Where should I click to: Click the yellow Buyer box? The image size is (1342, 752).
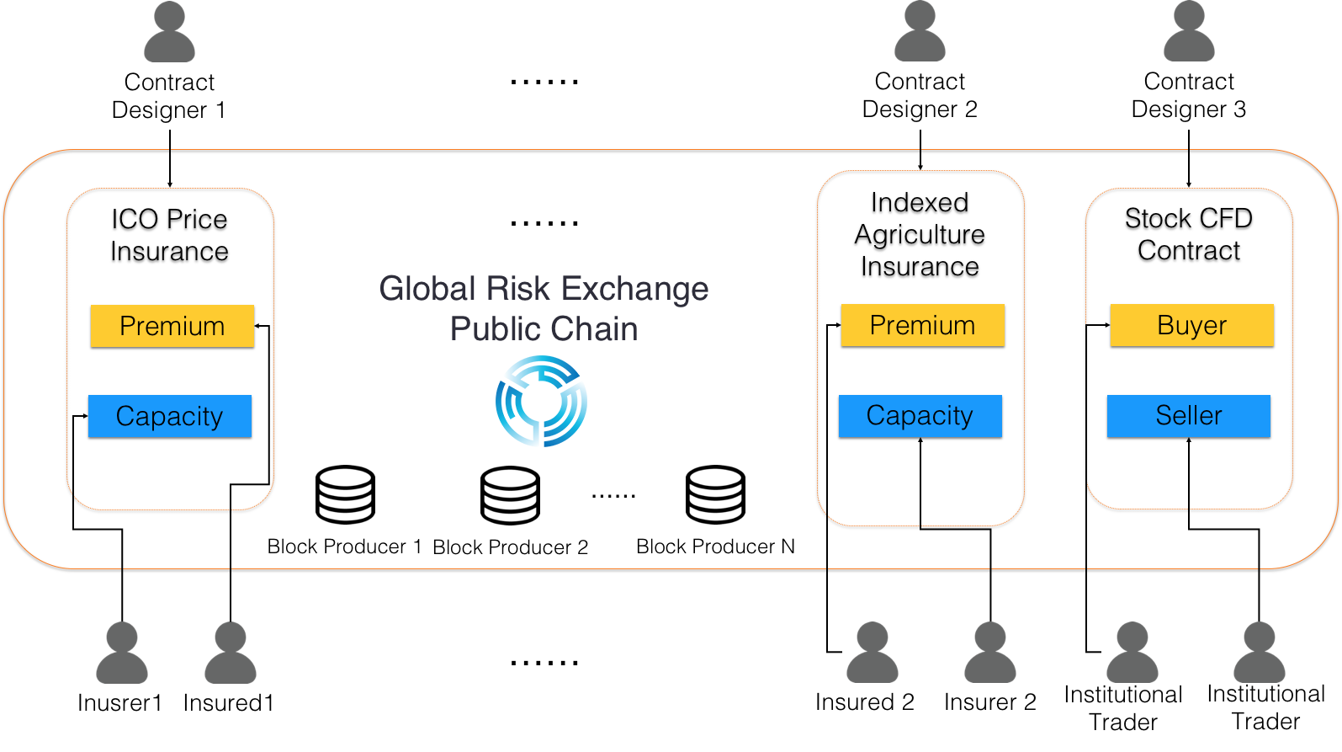tap(1191, 325)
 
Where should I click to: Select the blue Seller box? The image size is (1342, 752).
tap(1188, 416)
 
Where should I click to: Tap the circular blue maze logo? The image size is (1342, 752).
tap(541, 401)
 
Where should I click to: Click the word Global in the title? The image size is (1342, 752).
tap(428, 289)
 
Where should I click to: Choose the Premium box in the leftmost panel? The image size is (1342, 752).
tap(172, 326)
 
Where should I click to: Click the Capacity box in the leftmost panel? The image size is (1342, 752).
tap(169, 416)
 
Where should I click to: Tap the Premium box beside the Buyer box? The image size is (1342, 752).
tap(922, 325)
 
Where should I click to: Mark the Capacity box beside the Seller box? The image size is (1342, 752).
tap(920, 416)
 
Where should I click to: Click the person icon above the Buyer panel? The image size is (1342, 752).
tap(1188, 32)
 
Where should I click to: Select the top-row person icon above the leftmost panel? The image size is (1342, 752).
tap(169, 32)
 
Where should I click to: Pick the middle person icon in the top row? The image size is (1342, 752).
tap(920, 32)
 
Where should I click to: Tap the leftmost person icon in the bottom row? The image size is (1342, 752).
tap(122, 653)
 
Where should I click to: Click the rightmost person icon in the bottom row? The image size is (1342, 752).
tap(1259, 653)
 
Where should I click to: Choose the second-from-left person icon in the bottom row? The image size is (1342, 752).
tap(230, 653)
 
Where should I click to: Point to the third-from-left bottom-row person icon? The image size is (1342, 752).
tap(872, 653)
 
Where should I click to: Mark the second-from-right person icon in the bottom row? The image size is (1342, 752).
tap(1132, 653)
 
